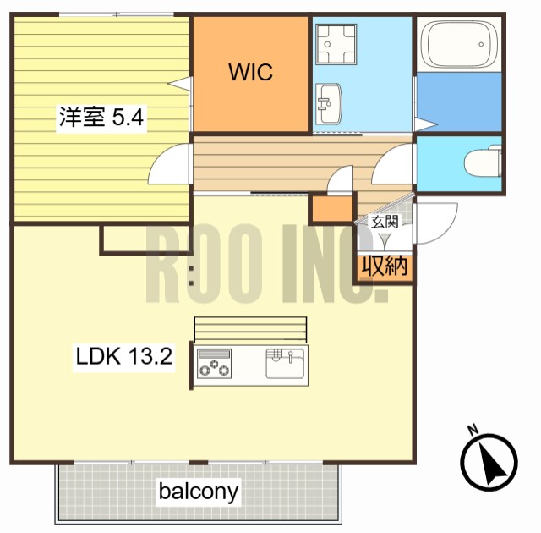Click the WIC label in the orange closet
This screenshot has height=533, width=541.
[x=250, y=72]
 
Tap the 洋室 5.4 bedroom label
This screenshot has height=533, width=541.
[x=101, y=117]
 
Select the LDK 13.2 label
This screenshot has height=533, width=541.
[x=124, y=356]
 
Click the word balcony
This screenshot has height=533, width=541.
[x=199, y=492]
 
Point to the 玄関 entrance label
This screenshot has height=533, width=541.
[x=385, y=222]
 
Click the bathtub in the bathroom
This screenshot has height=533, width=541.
[x=458, y=44]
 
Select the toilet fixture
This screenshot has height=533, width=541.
[x=483, y=162]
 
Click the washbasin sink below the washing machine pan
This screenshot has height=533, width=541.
[x=329, y=103]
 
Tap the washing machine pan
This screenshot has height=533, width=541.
[x=336, y=44]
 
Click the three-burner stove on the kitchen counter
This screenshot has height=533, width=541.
[x=214, y=364]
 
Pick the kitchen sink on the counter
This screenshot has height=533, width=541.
[x=285, y=363]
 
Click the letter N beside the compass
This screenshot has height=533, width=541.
[x=473, y=429]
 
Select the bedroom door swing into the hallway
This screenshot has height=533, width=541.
[x=168, y=163]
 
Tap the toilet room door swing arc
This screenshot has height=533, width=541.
[x=391, y=163]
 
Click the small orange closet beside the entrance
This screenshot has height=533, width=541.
[x=333, y=208]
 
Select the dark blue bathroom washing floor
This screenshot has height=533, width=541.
[x=459, y=102]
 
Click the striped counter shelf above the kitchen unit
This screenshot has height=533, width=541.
[x=250, y=329]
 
